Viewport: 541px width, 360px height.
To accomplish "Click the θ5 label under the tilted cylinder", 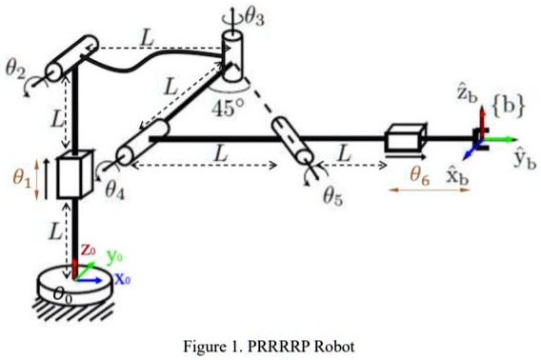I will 333,197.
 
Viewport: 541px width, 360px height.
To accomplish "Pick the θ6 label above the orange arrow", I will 421,174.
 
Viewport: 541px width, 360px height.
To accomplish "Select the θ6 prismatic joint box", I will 404,140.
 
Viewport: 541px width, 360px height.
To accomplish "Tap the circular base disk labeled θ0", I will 72,290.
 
